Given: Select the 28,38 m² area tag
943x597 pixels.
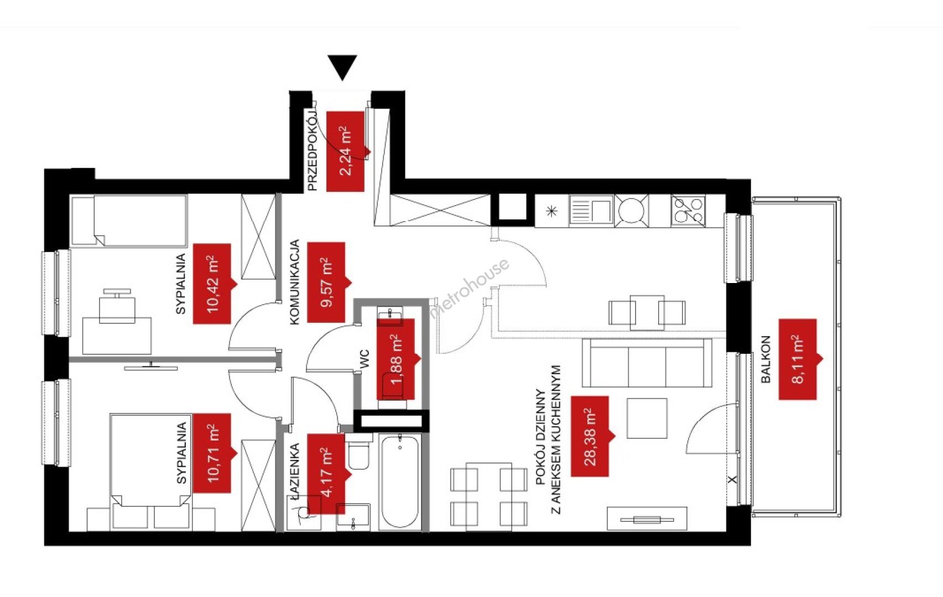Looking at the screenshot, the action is [x=590, y=436].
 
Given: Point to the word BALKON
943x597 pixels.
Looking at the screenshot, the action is [x=766, y=359].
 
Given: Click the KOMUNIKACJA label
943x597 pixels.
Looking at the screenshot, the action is [x=295, y=282].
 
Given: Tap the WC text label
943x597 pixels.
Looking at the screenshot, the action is [x=364, y=359].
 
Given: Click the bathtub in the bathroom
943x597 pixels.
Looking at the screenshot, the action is [x=399, y=482].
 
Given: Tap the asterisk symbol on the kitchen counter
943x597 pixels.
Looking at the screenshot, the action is [x=551, y=211].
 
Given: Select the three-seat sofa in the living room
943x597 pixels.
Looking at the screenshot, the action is [x=647, y=363].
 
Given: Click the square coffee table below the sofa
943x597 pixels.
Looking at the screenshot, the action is [x=647, y=418].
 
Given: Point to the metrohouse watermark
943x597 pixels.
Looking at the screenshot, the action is [x=469, y=288].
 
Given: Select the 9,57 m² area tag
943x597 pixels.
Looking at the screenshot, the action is [x=327, y=282].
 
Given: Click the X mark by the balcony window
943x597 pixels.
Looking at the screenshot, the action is [x=732, y=479].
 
